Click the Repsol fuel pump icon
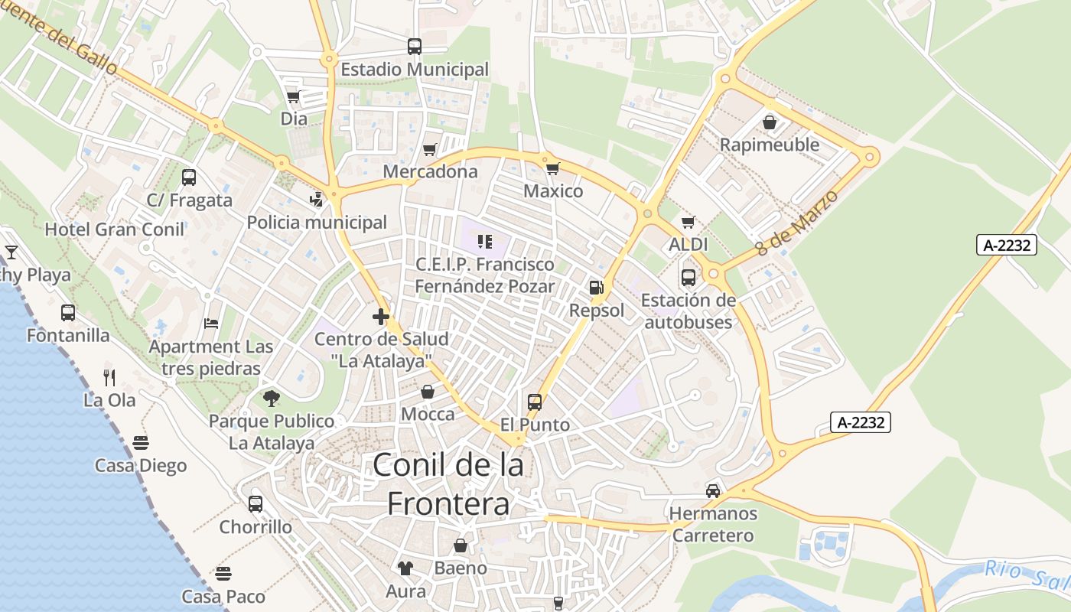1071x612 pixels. click(596, 288)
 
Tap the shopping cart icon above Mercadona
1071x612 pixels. click(430, 149)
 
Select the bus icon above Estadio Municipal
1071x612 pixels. click(415, 47)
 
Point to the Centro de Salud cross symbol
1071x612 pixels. click(381, 316)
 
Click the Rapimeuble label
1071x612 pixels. click(770, 145)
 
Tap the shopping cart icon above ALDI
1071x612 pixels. click(688, 223)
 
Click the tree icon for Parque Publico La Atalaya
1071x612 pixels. click(271, 398)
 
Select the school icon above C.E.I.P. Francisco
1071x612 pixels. click(484, 242)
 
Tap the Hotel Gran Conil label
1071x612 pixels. click(115, 229)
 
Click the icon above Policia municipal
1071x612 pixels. click(316, 200)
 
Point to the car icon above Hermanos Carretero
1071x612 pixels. click(713, 490)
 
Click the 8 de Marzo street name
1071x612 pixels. click(796, 223)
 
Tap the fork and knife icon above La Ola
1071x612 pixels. click(109, 377)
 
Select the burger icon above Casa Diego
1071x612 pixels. click(141, 442)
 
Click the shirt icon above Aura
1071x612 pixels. click(405, 568)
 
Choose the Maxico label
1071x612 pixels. click(553, 190)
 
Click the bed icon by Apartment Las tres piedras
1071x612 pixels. click(211, 324)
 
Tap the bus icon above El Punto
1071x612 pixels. click(535, 402)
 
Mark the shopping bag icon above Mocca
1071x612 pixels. click(428, 392)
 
